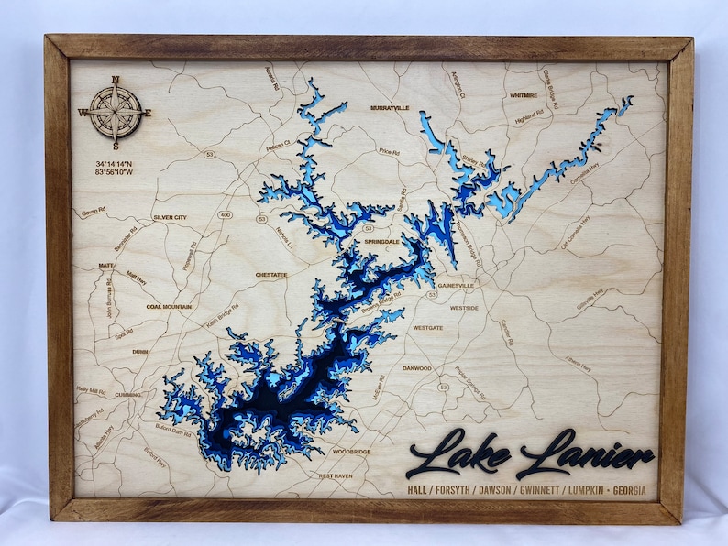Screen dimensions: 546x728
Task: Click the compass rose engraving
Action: (116, 113)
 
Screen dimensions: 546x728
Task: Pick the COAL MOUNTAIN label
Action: (169, 307)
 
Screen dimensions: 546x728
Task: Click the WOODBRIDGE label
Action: (352, 452)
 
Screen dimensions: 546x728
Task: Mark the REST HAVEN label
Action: (336, 475)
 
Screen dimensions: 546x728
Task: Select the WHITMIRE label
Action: (523, 94)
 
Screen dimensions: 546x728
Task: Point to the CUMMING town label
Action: (128, 394)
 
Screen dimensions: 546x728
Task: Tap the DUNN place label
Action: (140, 351)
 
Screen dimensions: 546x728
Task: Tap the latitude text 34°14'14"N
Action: (113, 163)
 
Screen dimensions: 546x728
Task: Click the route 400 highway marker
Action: (226, 214)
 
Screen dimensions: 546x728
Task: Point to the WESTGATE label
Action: (427, 327)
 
